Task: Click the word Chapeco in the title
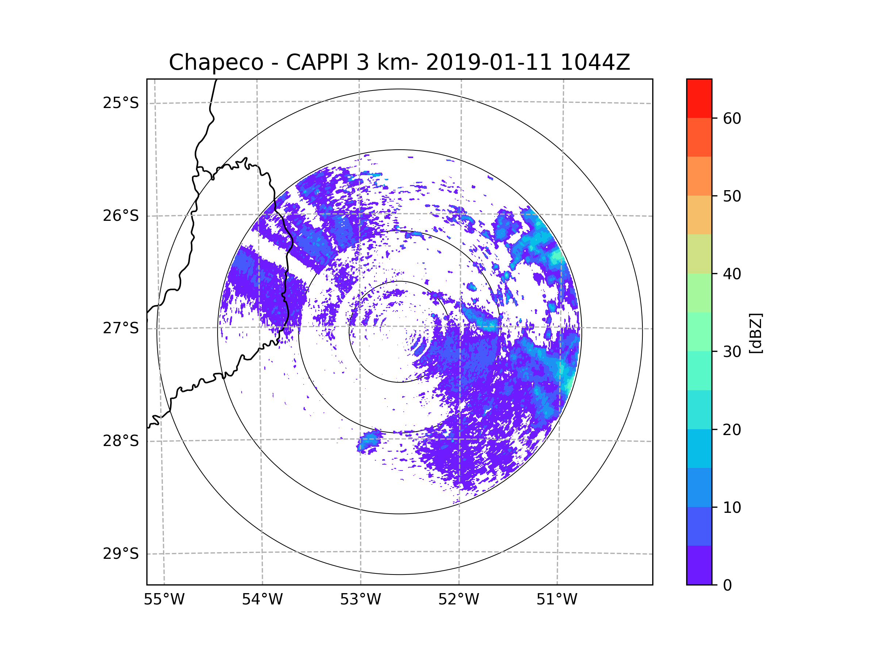216,62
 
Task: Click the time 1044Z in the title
595,62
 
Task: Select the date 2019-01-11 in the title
489,62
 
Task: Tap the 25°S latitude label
121,103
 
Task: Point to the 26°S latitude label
121,216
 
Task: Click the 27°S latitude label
121,328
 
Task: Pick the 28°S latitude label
121,441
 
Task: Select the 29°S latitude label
121,554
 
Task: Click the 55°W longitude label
164,600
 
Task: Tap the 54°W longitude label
262,600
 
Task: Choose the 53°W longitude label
360,600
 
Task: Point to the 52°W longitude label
458,600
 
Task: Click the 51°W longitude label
557,600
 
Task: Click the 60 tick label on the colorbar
732,118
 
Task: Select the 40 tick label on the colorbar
732,274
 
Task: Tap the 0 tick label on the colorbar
727,585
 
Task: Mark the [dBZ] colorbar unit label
756,334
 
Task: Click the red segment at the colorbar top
699,98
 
